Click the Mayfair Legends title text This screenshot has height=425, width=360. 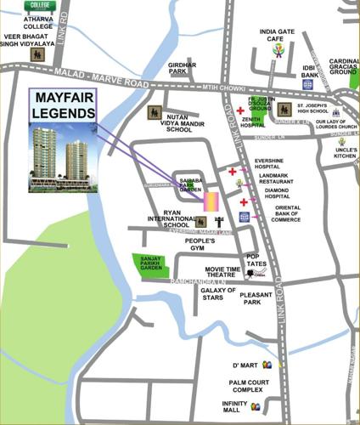(62, 106)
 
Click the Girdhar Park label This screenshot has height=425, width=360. (183, 68)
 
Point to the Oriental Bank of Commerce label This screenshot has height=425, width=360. (280, 212)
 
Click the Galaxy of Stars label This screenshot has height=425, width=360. (218, 295)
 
